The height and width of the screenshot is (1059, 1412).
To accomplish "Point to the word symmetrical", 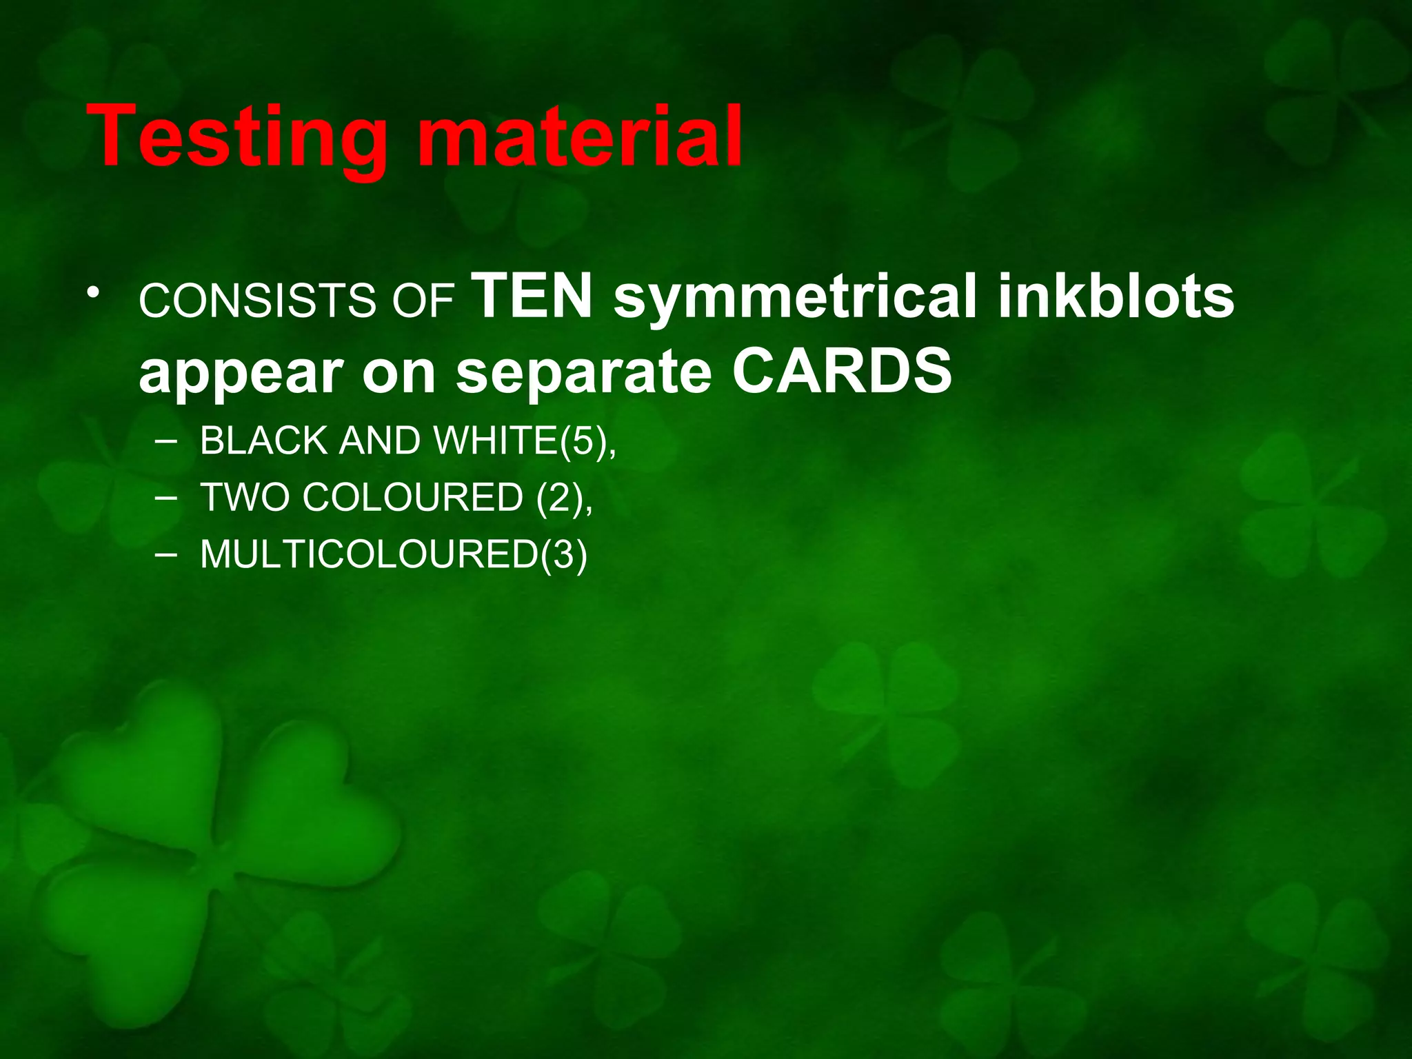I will pyautogui.click(x=794, y=298).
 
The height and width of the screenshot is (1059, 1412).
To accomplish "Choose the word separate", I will pyautogui.click(x=583, y=372).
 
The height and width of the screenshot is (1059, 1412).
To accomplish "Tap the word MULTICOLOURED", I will pyautogui.click(x=370, y=554).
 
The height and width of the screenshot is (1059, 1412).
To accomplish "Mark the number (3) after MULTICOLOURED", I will pyautogui.click(x=564, y=555).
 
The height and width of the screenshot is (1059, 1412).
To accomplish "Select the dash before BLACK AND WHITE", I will pyautogui.click(x=165, y=441).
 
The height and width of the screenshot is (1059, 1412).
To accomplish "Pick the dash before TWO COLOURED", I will pyautogui.click(x=165, y=498).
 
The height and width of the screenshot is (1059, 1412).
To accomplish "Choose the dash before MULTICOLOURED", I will pyautogui.click(x=165, y=554).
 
